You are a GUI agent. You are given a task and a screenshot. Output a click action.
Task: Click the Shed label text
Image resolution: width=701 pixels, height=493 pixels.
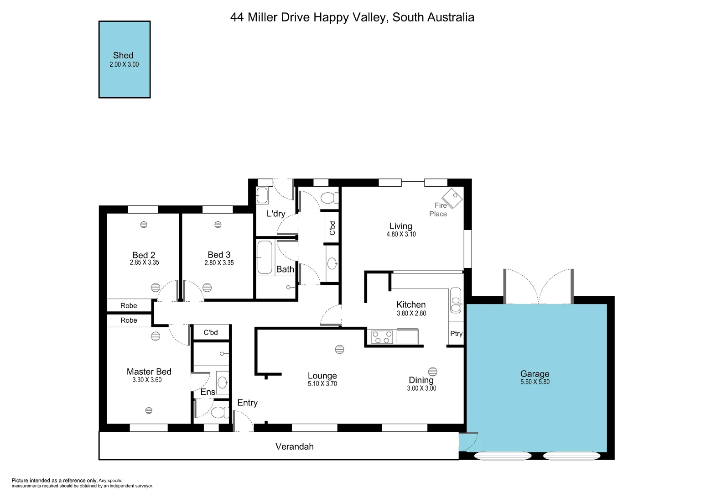tap(123, 55)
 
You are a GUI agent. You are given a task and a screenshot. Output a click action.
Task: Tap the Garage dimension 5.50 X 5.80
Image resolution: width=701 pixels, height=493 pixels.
tap(535, 382)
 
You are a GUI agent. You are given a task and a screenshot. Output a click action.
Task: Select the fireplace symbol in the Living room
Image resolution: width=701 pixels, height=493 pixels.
tap(452, 198)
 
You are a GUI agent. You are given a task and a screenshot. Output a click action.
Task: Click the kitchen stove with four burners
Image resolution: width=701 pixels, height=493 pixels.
tap(382, 337)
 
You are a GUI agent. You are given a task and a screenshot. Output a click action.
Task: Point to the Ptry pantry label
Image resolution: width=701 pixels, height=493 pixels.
tap(456, 334)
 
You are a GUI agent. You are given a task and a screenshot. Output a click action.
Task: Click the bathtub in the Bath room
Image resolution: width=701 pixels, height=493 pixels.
tap(265, 257)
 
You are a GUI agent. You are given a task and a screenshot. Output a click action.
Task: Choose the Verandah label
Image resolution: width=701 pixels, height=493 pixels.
tap(294, 446)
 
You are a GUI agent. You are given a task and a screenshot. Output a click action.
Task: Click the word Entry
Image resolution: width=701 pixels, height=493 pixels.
tap(247, 403)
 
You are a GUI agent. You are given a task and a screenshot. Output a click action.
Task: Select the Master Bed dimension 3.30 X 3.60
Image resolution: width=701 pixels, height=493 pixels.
tap(147, 380)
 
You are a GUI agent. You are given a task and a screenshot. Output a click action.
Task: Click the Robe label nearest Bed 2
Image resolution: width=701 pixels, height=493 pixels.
tap(129, 306)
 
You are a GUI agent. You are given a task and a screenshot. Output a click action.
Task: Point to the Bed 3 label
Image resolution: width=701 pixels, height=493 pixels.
tap(219, 255)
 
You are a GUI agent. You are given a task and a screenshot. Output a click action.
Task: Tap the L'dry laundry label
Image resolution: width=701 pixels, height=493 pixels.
tap(276, 214)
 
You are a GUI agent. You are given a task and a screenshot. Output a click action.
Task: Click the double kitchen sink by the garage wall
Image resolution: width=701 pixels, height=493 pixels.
tap(455, 300)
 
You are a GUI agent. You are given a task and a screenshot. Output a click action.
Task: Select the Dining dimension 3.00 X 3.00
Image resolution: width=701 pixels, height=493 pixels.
tap(421, 388)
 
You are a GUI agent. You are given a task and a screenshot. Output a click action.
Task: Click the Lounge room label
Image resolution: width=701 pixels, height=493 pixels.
tap(322, 376)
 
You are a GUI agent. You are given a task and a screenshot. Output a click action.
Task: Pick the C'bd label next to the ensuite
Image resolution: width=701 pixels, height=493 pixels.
tap(211, 332)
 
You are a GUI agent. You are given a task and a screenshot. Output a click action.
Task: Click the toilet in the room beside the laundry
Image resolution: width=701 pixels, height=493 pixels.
tap(329, 198)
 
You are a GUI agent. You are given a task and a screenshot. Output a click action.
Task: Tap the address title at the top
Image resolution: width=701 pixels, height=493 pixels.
tap(352, 17)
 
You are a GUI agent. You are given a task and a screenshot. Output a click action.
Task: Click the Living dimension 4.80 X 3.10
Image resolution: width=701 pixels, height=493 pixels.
tap(401, 234)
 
